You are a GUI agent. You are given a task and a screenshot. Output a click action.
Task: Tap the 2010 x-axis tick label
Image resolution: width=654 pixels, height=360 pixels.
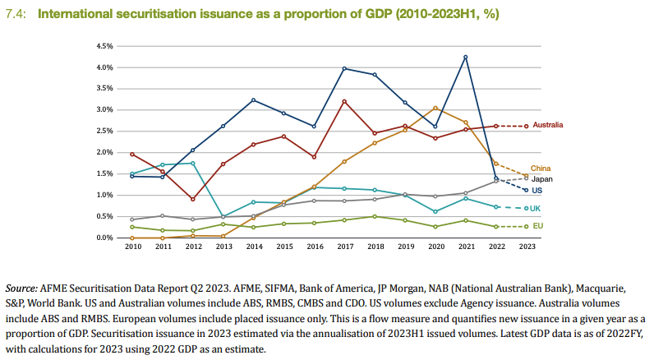[131, 246]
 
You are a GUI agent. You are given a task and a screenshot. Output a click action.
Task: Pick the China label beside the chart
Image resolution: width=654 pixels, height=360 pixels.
[541, 168]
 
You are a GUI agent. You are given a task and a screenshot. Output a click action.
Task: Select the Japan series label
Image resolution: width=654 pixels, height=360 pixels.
[542, 178]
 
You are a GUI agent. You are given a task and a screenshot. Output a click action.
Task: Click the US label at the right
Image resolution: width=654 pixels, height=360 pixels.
[538, 190]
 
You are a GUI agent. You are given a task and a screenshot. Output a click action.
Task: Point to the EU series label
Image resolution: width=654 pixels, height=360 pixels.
[538, 226]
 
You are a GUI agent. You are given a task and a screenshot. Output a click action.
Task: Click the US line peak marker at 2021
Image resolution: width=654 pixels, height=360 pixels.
[465, 57]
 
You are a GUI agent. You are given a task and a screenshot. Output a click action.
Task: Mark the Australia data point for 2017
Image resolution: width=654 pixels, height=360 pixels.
[343, 101]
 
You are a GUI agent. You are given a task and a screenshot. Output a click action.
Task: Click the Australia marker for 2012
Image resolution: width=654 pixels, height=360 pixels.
[192, 199]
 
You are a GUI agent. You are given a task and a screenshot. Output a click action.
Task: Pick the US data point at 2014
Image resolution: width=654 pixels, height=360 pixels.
[253, 100]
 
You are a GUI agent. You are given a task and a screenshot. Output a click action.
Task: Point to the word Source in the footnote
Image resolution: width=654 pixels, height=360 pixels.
[22, 289]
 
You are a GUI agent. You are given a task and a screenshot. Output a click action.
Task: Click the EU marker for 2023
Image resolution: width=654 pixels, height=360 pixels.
[526, 226]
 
